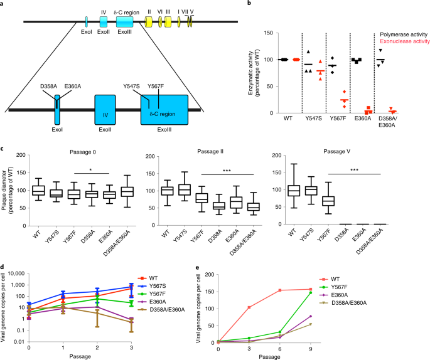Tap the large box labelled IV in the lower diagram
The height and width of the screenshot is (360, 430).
(106, 112)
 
